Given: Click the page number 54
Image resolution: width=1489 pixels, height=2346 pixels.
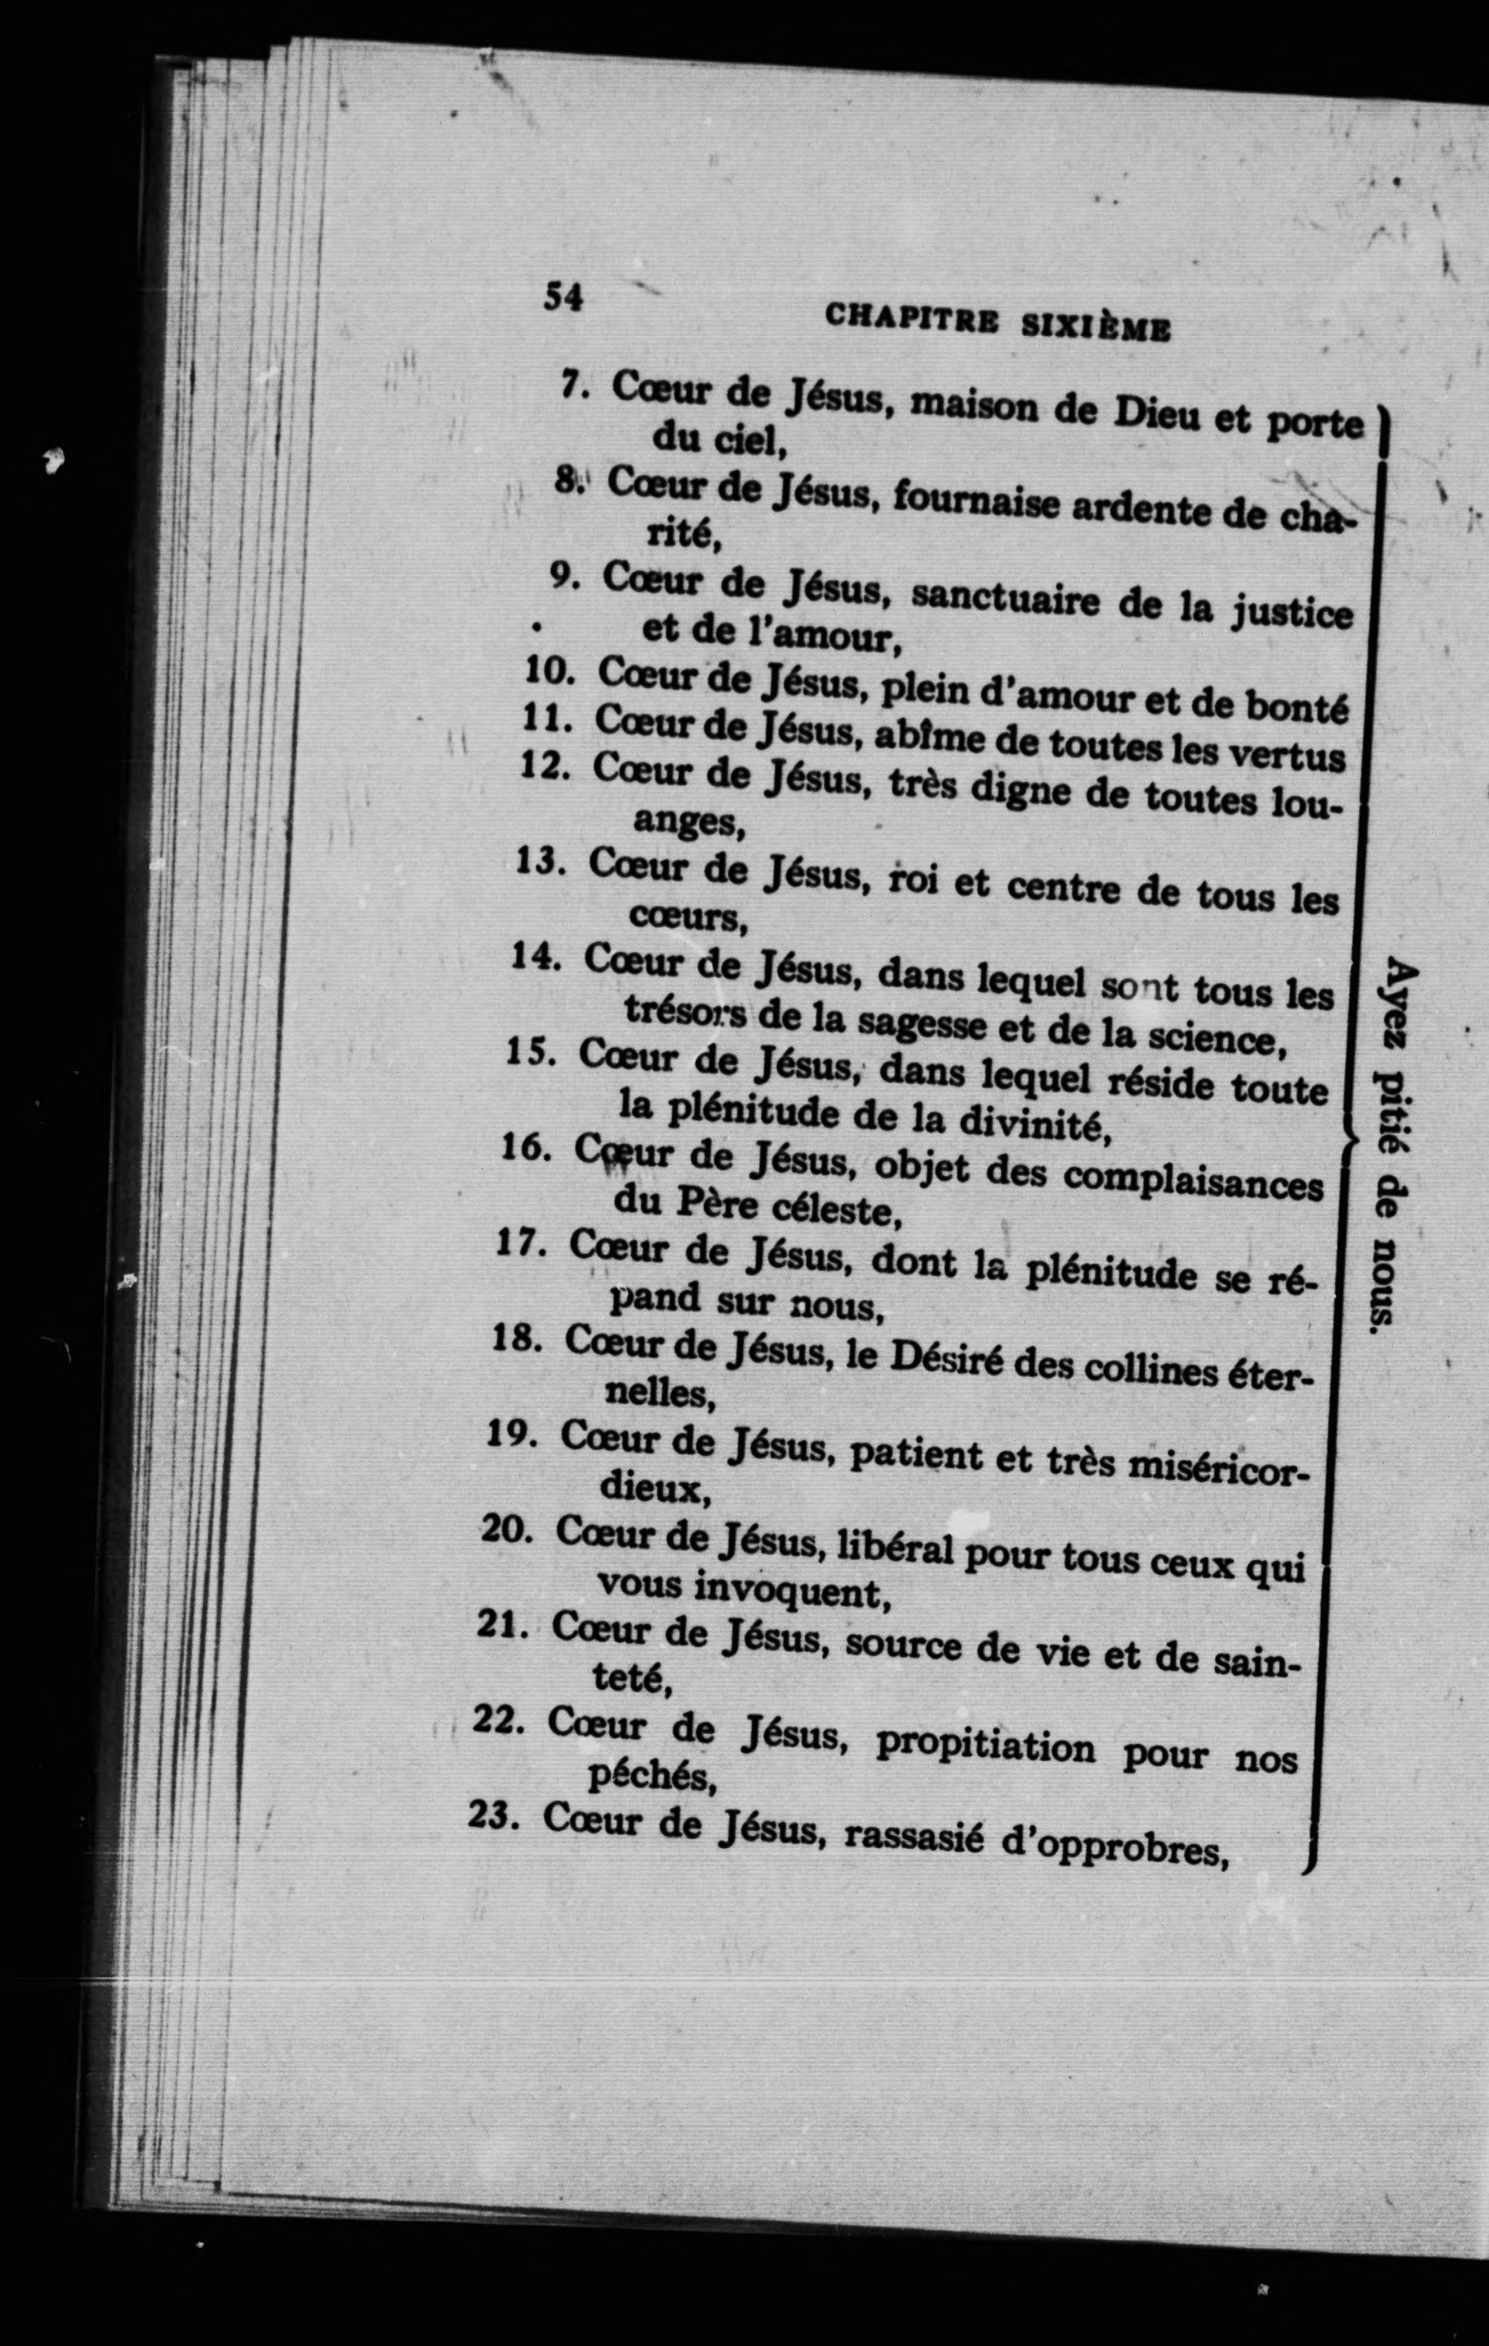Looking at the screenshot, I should (563, 296).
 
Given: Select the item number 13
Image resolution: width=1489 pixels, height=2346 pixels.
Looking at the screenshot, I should (539, 861).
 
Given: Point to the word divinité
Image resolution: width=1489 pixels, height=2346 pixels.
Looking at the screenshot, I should (1034, 1125).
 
